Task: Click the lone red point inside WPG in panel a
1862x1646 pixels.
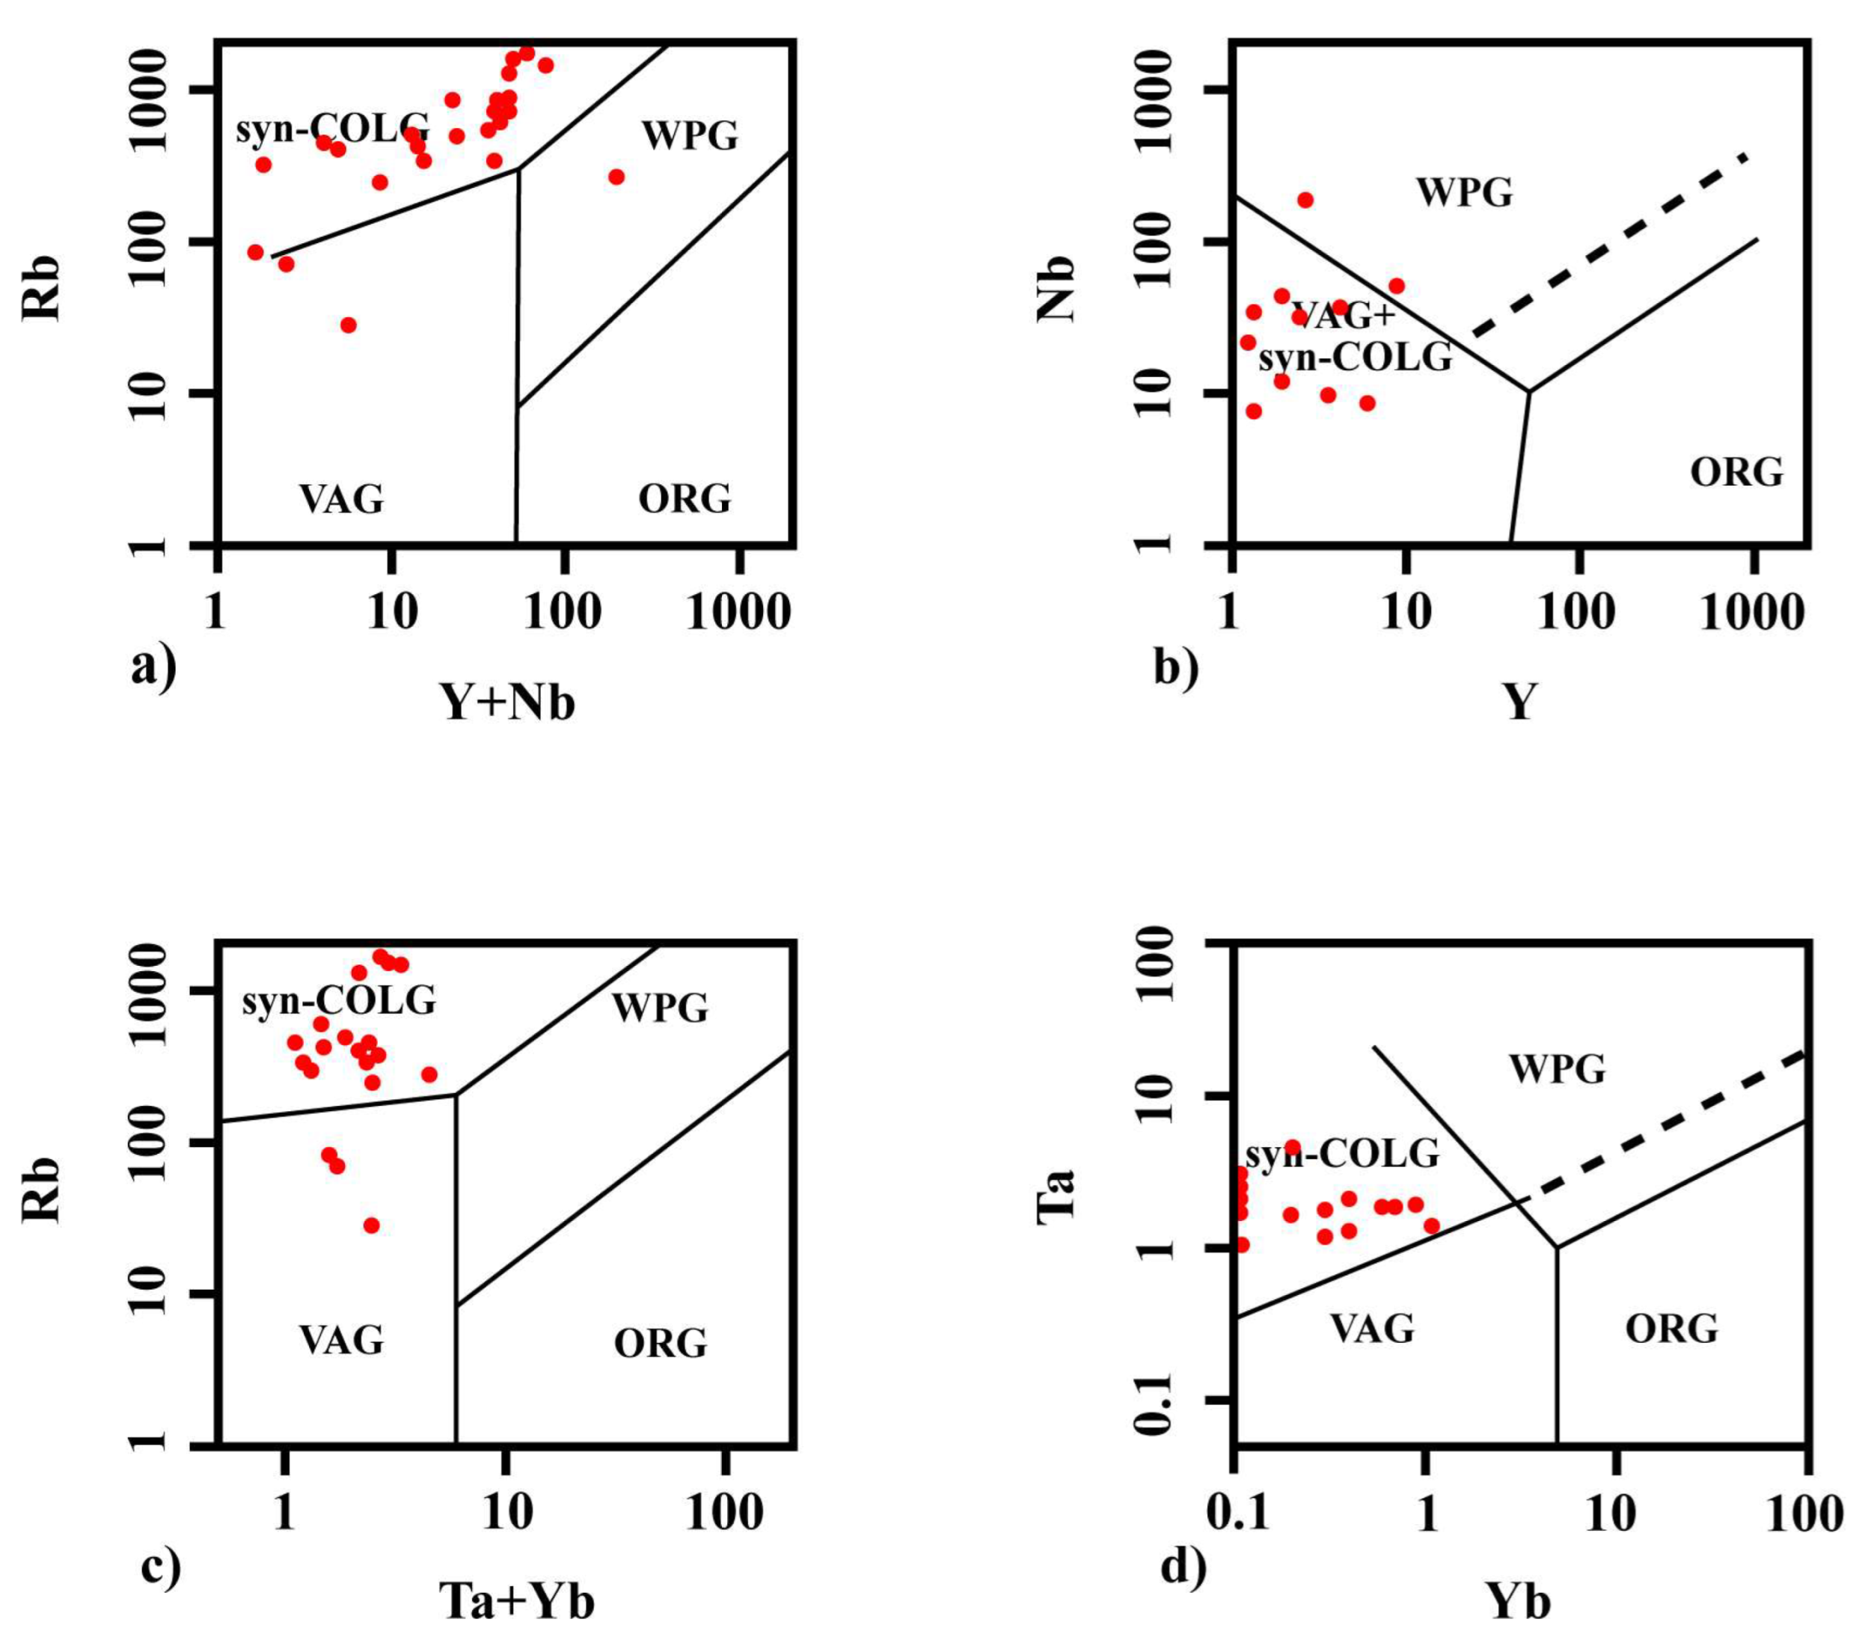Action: point(616,177)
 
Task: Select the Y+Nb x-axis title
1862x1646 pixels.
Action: point(508,703)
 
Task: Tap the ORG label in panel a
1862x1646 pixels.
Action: point(685,499)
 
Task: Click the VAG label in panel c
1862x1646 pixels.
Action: point(342,1339)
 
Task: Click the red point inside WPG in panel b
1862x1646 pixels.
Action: point(1305,201)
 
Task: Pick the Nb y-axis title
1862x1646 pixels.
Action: point(1057,290)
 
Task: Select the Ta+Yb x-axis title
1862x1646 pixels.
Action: point(516,1600)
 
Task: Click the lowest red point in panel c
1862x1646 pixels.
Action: point(372,1226)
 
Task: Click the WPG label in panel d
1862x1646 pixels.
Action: point(1557,1068)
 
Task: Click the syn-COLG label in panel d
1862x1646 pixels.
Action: point(1342,1155)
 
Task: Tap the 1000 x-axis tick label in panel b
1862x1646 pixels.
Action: point(1751,613)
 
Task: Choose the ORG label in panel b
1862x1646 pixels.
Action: point(1736,473)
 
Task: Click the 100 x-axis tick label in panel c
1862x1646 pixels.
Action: point(724,1513)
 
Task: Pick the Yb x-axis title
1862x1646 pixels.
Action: point(1519,1600)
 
